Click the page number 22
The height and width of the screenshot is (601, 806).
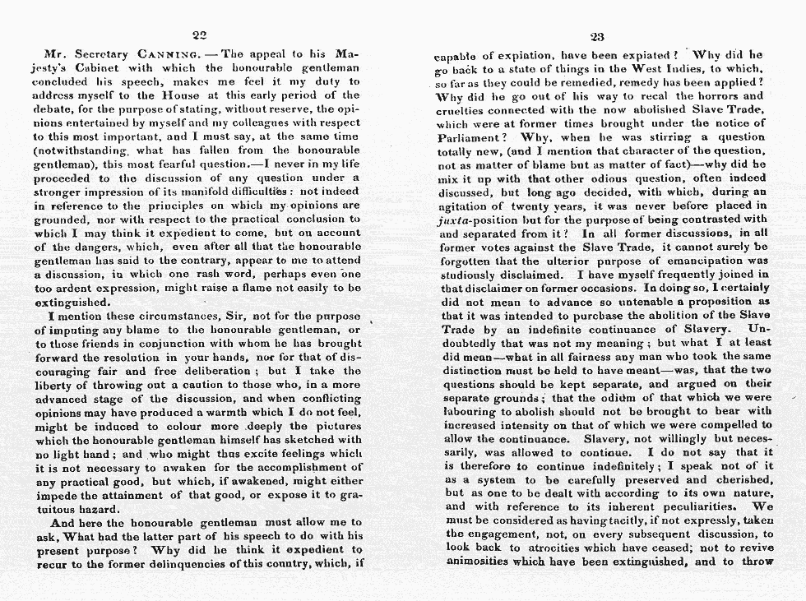(x=198, y=35)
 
